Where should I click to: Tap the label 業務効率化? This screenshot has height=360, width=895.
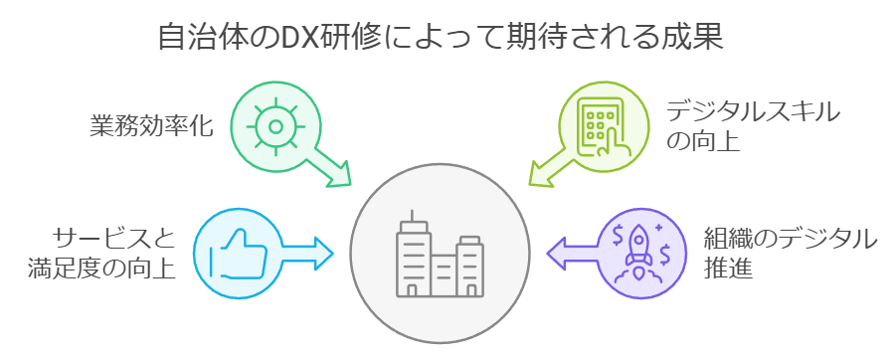click(149, 126)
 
